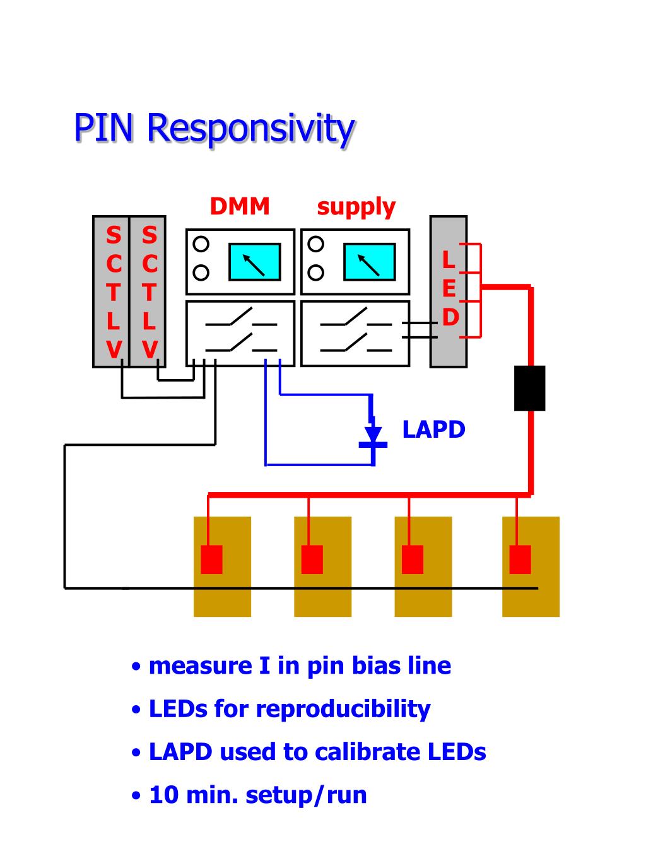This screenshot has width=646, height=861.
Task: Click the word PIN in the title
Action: [x=103, y=128]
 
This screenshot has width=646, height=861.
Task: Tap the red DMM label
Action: [x=240, y=206]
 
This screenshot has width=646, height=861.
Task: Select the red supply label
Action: [x=356, y=207]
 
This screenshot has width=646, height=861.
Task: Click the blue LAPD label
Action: [x=433, y=430]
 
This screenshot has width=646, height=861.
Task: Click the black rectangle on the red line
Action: [x=529, y=388]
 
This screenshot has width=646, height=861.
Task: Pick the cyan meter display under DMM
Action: [x=254, y=261]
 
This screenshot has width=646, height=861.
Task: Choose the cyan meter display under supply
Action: [x=369, y=261]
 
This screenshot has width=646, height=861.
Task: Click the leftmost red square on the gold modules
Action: [x=211, y=559]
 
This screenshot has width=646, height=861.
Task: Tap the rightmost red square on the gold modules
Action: [x=520, y=559]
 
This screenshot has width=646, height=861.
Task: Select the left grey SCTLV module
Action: [x=112, y=291]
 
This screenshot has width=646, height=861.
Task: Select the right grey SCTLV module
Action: [x=148, y=291]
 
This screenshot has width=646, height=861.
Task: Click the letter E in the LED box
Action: [x=449, y=289]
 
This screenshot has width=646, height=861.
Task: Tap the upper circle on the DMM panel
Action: [x=201, y=243]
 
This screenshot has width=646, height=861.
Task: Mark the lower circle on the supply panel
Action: [x=316, y=272]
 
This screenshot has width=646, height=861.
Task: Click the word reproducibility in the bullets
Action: [x=343, y=709]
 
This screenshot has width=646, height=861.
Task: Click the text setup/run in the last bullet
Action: [x=306, y=795]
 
